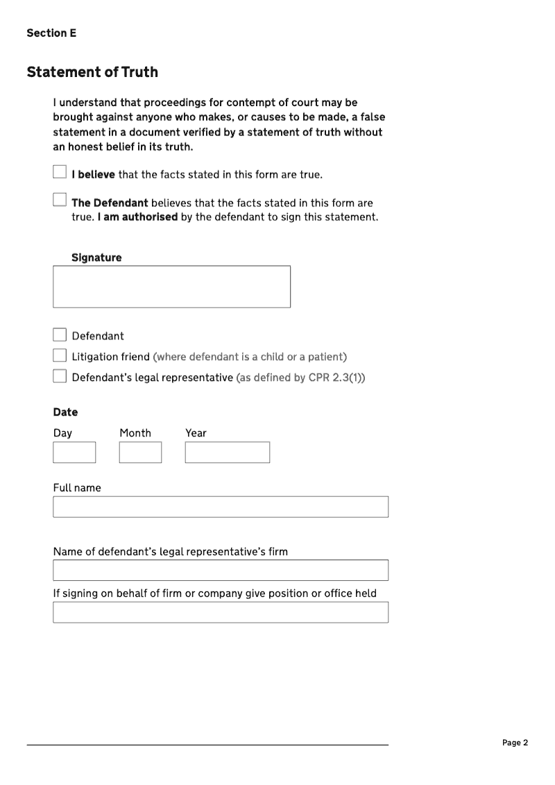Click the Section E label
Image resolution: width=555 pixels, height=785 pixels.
(51, 33)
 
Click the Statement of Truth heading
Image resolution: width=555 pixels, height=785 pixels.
(92, 72)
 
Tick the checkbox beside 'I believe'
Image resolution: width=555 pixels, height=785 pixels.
(60, 171)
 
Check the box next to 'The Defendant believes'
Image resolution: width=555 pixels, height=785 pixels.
(60, 200)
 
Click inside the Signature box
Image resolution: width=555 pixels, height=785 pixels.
(171, 287)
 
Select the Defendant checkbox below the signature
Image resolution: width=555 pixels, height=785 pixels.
(60, 335)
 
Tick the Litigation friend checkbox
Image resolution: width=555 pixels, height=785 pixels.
(60, 356)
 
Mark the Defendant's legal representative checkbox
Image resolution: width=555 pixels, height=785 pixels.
(60, 377)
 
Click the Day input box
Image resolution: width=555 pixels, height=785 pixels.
(74, 453)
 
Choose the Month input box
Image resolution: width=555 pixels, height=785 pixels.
(140, 453)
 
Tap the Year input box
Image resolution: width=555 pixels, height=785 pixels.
(227, 453)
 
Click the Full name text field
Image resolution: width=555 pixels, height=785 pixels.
(221, 507)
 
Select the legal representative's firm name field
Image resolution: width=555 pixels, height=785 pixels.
(221, 571)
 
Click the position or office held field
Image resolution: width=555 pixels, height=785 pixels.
(221, 612)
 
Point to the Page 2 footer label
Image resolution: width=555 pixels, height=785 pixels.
(515, 743)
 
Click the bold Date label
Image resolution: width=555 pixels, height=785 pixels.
(65, 412)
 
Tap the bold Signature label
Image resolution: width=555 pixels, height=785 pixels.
(96, 258)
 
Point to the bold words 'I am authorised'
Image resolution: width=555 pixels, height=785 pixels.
(137, 217)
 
